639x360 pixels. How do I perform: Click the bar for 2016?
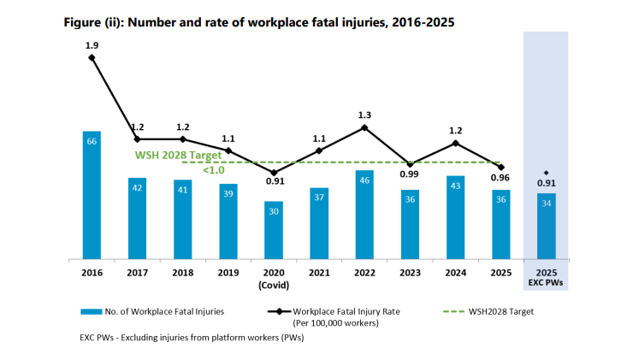[92, 194]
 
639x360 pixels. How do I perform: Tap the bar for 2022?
[364, 214]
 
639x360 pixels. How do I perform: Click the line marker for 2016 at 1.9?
[92, 57]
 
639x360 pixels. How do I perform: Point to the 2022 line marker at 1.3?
[364, 128]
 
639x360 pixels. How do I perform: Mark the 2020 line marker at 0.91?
[274, 172]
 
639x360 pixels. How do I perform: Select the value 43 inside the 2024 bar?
[455, 185]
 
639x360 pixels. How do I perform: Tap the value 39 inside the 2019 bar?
[228, 193]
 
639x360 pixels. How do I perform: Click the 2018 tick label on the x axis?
[182, 272]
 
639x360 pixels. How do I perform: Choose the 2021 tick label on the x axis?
[319, 272]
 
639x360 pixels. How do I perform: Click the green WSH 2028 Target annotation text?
[178, 156]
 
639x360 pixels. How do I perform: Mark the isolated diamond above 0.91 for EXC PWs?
[546, 172]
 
